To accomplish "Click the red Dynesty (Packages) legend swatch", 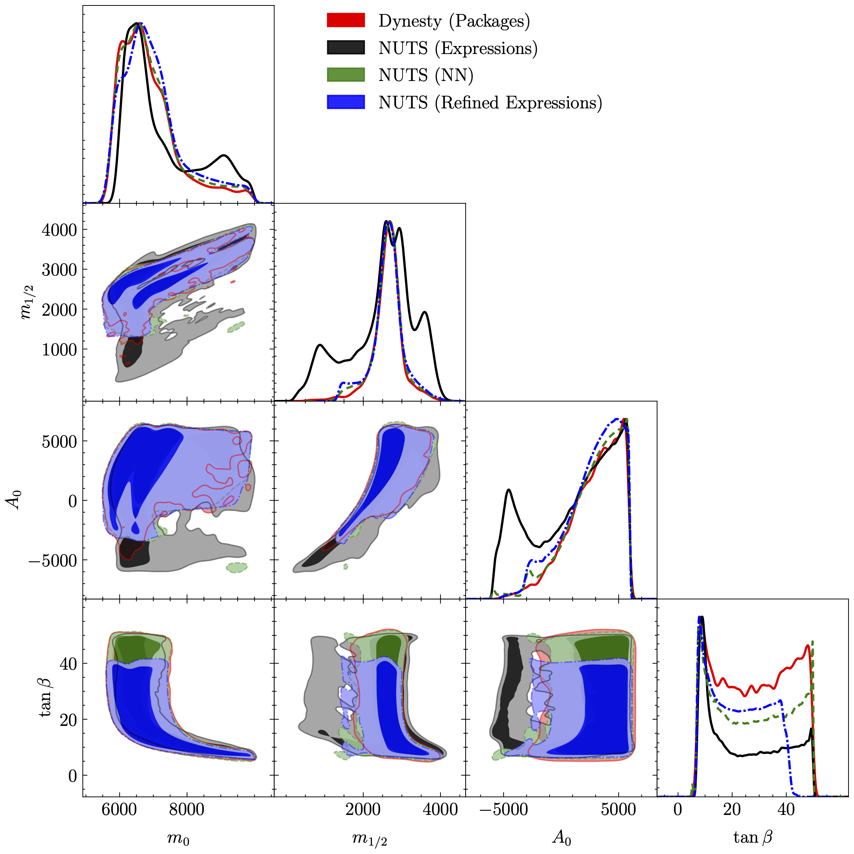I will (x=346, y=20).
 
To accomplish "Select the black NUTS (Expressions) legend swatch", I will (x=346, y=48).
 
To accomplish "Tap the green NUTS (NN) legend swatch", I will (x=346, y=75).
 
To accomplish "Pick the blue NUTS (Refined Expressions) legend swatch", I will (x=346, y=102).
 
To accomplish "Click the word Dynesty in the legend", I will (x=410, y=21).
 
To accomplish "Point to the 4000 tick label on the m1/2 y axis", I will (x=59, y=230).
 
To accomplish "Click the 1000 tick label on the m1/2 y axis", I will (x=59, y=350).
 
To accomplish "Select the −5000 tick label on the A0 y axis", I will (x=53, y=561).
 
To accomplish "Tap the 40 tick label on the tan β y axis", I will (x=68, y=663).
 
